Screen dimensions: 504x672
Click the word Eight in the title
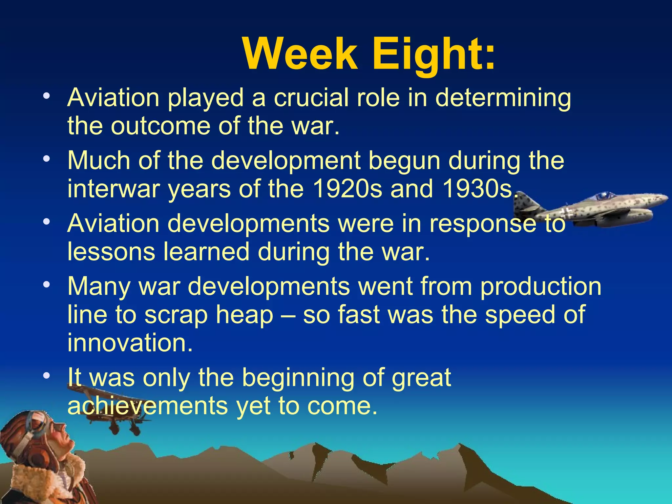[x=433, y=54]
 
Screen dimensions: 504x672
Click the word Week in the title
[x=300, y=54]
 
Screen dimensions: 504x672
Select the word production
[x=541, y=286]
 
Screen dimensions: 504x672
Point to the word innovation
[x=130, y=343]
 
